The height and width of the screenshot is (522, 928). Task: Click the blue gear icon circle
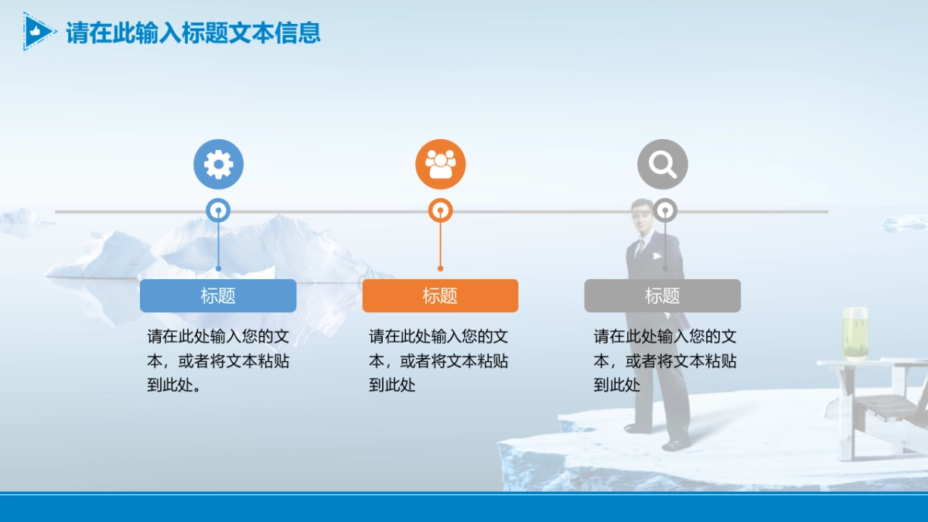218,164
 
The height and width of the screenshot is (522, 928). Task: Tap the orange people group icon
440,164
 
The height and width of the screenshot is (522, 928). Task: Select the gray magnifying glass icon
662,164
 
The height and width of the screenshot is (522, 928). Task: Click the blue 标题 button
218,295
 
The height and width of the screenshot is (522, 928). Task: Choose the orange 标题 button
440,295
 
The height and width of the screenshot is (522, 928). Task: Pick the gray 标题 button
662,295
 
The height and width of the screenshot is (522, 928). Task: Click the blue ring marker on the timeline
218,210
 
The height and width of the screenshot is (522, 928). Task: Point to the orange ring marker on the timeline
440,210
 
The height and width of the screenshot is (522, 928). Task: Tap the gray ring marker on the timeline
664,210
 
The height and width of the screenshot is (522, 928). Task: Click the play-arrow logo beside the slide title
39,32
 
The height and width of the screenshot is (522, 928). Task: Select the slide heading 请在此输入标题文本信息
193,32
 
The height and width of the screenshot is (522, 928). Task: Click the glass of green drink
855,333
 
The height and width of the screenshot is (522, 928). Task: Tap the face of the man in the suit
643,217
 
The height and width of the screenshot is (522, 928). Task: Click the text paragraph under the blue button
218,360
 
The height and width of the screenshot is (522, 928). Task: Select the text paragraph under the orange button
438,360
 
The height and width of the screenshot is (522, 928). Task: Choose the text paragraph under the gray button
664,360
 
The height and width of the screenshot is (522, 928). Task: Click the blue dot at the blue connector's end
218,268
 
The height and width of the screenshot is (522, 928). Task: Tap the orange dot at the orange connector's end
440,268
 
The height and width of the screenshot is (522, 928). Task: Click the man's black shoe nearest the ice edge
676,444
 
